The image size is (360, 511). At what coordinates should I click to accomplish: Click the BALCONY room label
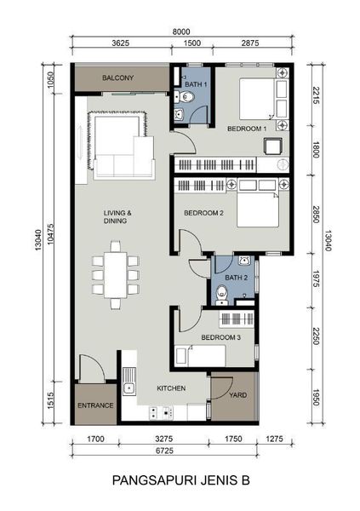(118, 78)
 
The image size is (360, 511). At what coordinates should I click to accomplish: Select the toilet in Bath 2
(222, 295)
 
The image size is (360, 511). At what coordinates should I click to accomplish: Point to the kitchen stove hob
(161, 412)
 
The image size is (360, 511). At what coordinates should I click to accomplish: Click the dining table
(116, 275)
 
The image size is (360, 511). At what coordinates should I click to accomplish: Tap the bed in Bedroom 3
(200, 356)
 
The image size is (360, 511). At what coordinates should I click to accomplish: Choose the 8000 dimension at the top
(181, 32)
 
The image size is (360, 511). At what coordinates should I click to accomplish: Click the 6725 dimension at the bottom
(164, 451)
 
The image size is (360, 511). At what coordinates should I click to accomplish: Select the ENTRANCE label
(95, 405)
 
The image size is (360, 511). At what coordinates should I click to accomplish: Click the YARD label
(237, 395)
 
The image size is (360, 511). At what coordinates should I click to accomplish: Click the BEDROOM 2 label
(203, 213)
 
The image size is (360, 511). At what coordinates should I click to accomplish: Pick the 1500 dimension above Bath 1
(191, 43)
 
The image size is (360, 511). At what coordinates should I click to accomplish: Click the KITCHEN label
(171, 388)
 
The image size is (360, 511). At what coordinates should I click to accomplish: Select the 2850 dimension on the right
(315, 215)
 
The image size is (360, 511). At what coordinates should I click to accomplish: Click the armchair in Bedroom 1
(273, 146)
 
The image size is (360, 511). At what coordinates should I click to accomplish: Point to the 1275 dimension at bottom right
(274, 439)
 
